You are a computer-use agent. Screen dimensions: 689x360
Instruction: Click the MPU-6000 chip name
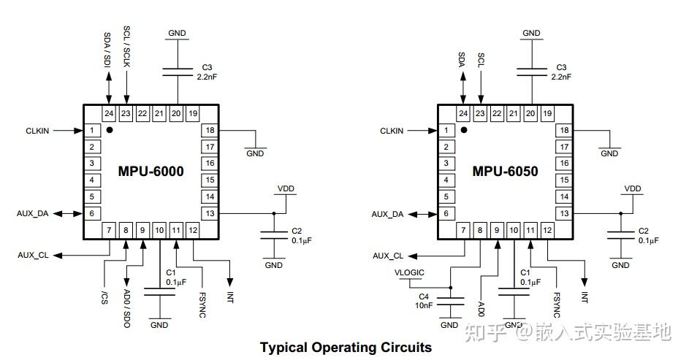pos(151,171)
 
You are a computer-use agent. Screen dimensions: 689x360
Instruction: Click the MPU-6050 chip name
pos(505,171)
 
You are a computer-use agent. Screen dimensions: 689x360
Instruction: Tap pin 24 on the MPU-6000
pos(109,114)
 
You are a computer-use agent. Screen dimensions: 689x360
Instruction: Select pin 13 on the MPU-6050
pos(564,214)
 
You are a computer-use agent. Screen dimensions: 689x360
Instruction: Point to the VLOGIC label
pos(409,272)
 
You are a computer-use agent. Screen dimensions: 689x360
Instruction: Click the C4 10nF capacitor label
pos(424,301)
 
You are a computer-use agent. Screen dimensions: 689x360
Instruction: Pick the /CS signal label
pos(104,298)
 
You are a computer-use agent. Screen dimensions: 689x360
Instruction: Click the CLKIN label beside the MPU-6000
pos(37,131)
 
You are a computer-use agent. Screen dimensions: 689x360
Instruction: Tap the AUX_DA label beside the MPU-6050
pos(387,214)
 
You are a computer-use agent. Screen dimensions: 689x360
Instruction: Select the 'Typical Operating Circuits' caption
pos(346,348)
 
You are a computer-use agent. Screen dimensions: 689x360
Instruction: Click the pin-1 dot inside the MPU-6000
pos(110,130)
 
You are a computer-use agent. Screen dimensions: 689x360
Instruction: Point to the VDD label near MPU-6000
pos(286,189)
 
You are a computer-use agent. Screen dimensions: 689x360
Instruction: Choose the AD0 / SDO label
pos(127,308)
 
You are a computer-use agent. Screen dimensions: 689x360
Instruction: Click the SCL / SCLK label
pos(126,46)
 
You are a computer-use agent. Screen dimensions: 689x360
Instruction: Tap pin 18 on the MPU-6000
pos(210,131)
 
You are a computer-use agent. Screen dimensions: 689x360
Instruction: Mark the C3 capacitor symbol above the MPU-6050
pos(532,72)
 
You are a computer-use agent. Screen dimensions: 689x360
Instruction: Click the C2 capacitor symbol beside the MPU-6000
pos(274,235)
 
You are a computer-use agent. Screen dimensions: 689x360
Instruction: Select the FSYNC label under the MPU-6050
pos(556,305)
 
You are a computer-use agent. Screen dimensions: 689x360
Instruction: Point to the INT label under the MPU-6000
pos(230,297)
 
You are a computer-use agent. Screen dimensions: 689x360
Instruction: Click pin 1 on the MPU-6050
pos(446,131)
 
